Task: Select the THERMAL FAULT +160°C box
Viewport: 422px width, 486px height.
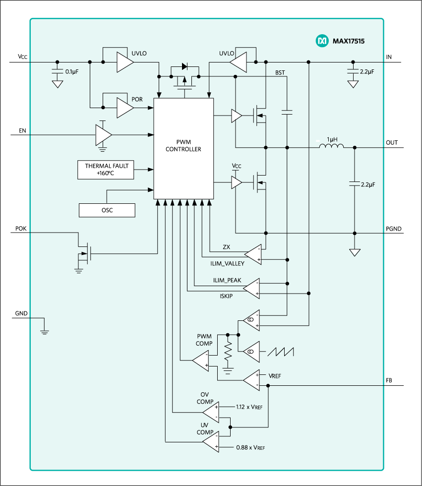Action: tap(106, 170)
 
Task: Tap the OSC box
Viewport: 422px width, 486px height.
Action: tap(107, 210)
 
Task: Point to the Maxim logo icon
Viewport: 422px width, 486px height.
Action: tap(322, 41)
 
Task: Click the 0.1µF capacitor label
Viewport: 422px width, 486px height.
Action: tap(72, 72)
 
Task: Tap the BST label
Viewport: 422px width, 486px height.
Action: tap(280, 72)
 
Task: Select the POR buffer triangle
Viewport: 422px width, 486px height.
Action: tap(124, 108)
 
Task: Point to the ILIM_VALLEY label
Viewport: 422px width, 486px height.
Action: tap(228, 264)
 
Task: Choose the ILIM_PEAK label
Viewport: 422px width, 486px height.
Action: tap(227, 280)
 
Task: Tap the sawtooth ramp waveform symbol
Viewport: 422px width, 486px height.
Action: tap(281, 351)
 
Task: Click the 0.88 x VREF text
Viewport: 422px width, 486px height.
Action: tap(249, 447)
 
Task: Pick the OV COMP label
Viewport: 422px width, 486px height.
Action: tap(205, 398)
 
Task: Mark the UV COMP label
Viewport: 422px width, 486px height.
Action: tap(205, 428)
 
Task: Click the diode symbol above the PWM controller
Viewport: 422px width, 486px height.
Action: tap(184, 66)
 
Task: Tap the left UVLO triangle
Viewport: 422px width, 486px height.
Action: tap(124, 62)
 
